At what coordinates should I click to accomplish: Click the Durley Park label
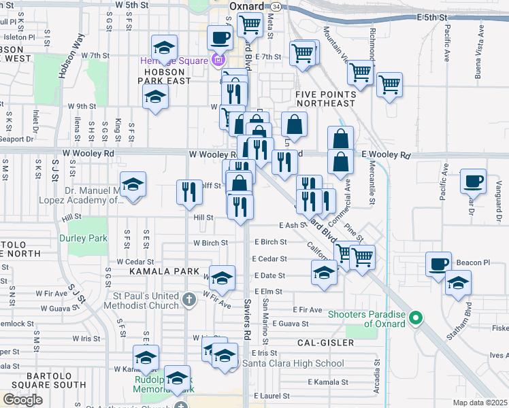[x=83, y=238]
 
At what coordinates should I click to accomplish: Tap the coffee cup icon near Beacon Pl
[x=439, y=264]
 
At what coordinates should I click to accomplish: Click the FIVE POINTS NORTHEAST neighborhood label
[x=325, y=99]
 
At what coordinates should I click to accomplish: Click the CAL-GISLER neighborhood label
[x=326, y=343]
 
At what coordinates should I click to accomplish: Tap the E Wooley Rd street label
[x=387, y=156]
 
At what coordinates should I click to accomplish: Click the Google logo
[x=22, y=399]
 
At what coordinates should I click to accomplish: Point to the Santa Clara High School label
[x=293, y=364]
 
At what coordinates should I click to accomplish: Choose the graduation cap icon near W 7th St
[x=163, y=48]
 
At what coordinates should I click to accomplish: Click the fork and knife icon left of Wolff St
[x=189, y=192]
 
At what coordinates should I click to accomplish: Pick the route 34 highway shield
[x=275, y=5]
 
